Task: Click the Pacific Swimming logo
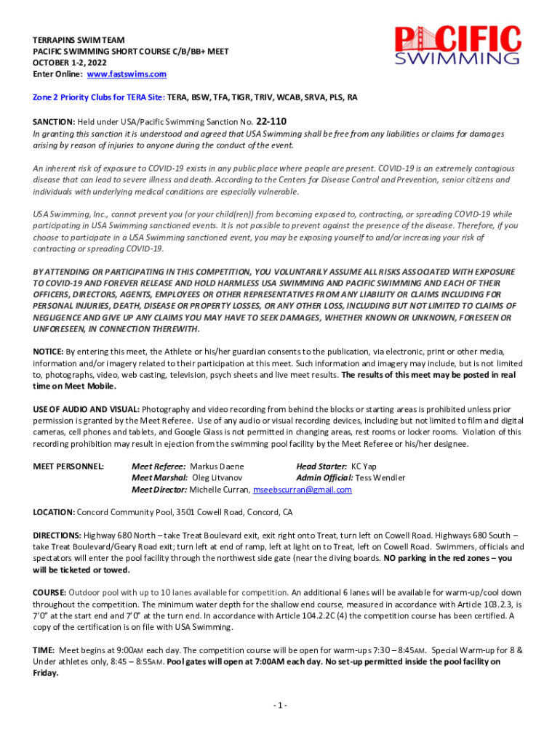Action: tap(458, 46)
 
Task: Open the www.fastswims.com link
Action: tap(127, 74)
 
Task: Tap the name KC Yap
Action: tap(364, 466)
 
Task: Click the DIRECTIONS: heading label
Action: tap(57, 535)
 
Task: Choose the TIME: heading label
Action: tap(44, 650)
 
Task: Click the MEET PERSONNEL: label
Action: tap(68, 466)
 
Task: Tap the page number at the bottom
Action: tap(280, 705)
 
